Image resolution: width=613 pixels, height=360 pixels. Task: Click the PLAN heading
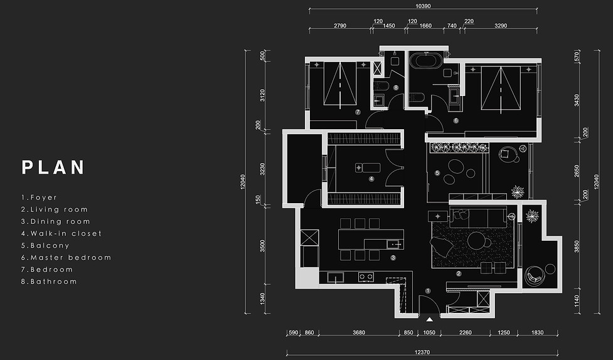click(53, 167)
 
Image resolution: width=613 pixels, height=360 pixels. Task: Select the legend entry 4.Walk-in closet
click(61, 233)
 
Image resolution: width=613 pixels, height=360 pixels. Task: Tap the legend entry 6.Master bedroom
click(66, 258)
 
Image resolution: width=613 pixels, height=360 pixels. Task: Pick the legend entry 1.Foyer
click(39, 198)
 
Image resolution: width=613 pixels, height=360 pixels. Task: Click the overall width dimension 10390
click(423, 6)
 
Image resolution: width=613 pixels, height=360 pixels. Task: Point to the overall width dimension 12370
click(422, 352)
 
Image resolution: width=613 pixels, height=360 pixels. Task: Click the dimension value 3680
click(359, 332)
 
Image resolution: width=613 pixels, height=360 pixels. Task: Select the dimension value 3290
click(501, 26)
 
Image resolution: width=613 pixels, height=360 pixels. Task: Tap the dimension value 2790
click(340, 26)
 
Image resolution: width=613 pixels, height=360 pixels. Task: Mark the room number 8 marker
click(396, 88)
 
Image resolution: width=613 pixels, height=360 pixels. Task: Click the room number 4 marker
click(371, 179)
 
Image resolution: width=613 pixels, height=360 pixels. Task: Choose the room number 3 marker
click(393, 258)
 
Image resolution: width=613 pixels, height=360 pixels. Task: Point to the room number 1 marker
click(428, 291)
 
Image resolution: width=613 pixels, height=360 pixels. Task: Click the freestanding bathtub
click(426, 61)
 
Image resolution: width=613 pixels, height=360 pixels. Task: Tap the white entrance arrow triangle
click(429, 319)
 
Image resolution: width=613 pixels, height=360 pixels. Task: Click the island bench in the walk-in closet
click(368, 167)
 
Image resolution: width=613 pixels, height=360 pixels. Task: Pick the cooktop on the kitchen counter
click(366, 277)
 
